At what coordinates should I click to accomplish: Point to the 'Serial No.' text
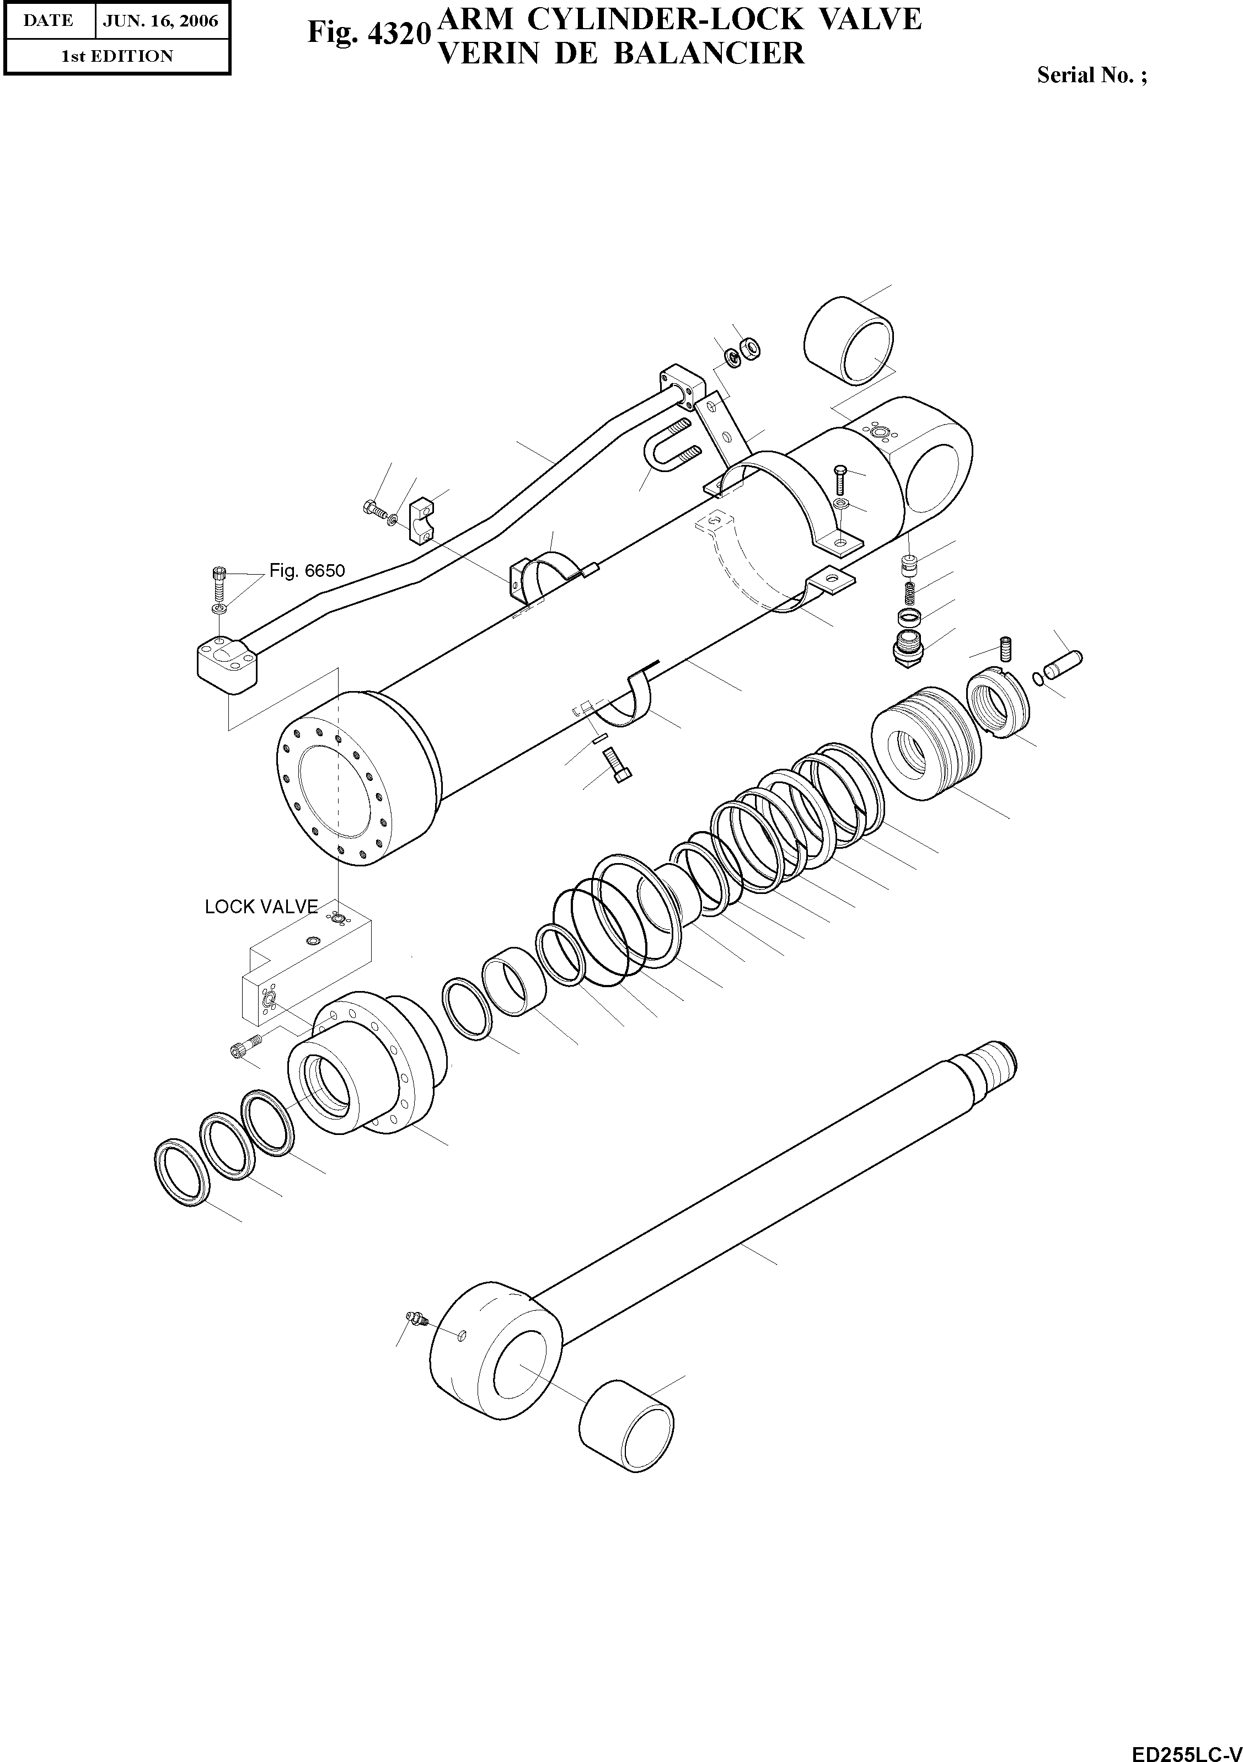coord(1091,75)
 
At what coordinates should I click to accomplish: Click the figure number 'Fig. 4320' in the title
coord(367,32)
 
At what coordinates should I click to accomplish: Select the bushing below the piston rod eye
coord(626,1419)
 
